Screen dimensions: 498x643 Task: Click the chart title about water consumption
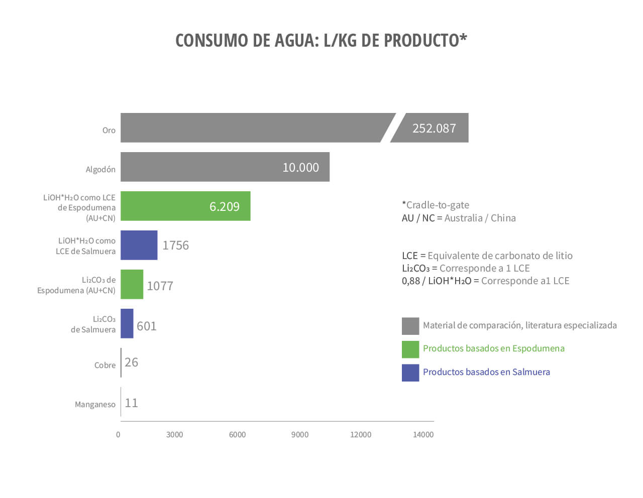tap(321, 40)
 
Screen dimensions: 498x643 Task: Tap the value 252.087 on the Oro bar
tap(434, 129)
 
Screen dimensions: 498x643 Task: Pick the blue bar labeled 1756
tap(139, 245)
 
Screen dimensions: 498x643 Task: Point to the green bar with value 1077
tap(132, 285)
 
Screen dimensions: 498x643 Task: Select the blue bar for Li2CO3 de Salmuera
tap(127, 324)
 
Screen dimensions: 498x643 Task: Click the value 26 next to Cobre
tap(131, 362)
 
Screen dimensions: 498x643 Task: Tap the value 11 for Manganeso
tap(131, 403)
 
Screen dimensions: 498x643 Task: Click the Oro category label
tap(109, 131)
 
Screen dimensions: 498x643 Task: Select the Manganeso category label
tap(95, 405)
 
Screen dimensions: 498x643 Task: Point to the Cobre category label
tap(104, 365)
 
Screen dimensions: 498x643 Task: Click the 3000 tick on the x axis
tap(174, 435)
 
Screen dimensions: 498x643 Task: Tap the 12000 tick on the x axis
tap(360, 435)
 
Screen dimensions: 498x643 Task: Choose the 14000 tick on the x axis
tap(423, 435)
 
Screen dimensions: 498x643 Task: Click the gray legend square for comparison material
tap(410, 326)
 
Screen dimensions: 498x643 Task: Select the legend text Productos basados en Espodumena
tap(493, 348)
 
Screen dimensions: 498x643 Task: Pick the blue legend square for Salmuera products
tap(410, 373)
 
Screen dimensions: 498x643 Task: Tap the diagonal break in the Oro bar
tap(393, 128)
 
